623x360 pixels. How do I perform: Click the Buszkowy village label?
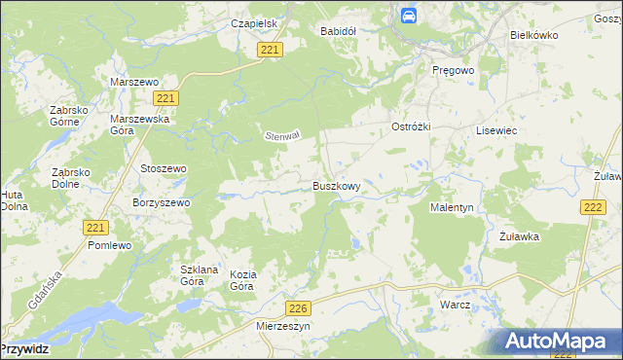click(337, 186)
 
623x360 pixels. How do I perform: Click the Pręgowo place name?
click(452, 70)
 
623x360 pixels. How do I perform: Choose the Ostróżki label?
click(410, 128)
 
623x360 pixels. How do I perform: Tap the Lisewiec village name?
click(495, 129)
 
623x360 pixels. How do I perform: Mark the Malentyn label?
click(452, 207)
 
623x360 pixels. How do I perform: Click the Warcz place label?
click(455, 305)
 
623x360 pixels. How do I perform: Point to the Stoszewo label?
click(164, 168)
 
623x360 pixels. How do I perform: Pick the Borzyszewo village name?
click(161, 202)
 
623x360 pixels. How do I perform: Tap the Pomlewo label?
click(109, 245)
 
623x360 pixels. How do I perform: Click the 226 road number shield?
click(300, 308)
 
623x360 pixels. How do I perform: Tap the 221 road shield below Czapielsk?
click(271, 50)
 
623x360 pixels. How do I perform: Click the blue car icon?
click(409, 16)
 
